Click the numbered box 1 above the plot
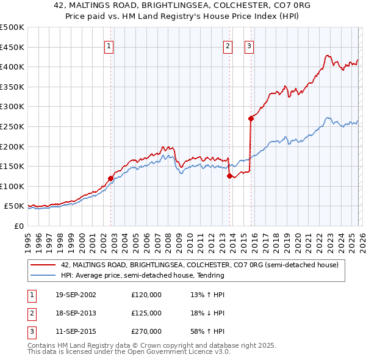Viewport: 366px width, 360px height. pos(109,46)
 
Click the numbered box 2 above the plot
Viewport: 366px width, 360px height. pos(228,46)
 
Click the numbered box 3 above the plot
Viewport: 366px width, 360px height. pos(249,46)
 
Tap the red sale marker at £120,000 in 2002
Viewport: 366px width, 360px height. pos(110,179)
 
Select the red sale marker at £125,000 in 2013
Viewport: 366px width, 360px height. pos(229,176)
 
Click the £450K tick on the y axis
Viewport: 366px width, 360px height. pos(12,47)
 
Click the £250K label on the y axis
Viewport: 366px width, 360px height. pos(12,126)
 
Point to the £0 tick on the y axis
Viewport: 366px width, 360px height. pos(19,226)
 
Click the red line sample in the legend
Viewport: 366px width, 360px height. pos(43,265)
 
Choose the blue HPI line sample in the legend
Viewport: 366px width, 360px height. pos(43,276)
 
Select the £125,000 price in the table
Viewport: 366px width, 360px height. pos(146,313)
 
